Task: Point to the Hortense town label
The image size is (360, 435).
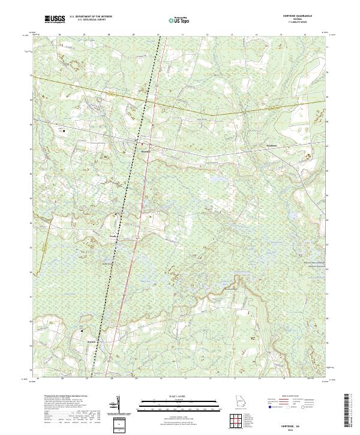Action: coord(145,151)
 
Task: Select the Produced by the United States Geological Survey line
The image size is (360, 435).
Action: coord(66,397)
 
